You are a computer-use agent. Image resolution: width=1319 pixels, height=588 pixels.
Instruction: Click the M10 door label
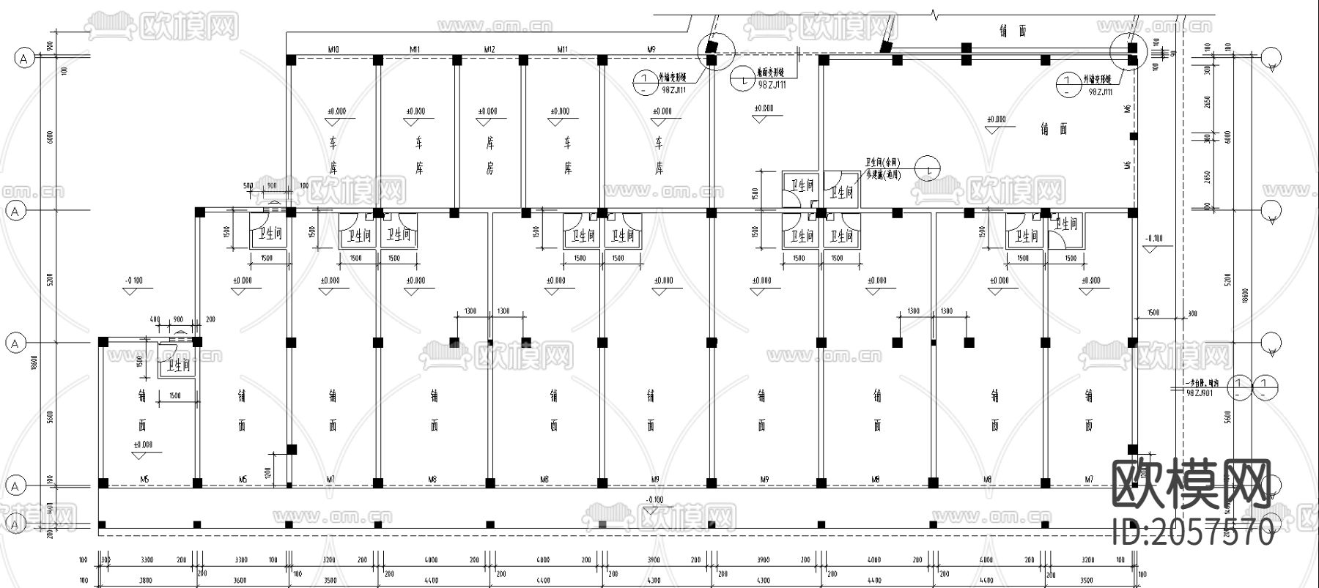333,49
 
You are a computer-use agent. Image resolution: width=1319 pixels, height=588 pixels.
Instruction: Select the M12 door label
489,49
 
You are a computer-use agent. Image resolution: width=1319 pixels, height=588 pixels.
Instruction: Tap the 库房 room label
489,155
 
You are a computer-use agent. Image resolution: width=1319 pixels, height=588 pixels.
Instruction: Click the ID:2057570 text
1193,532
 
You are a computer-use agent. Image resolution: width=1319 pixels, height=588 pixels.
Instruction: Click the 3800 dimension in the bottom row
147,581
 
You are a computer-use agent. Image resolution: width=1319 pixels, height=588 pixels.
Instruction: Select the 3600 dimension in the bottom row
240,581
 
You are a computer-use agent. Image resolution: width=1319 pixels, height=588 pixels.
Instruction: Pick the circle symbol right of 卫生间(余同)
929,168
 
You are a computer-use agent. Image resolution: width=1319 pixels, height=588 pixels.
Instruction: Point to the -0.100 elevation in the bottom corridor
654,500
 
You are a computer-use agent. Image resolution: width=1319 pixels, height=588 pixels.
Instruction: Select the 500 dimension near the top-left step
248,186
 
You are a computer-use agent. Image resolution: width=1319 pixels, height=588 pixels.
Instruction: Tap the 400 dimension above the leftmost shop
155,320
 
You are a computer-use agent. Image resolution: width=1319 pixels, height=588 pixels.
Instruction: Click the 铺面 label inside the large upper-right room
1053,129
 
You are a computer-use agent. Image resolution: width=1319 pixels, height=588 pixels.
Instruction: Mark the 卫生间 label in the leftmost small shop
178,365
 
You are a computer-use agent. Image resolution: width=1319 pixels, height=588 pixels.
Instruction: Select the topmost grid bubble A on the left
25,59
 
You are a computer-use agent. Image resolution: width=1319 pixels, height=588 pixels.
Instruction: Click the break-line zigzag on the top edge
934,14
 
